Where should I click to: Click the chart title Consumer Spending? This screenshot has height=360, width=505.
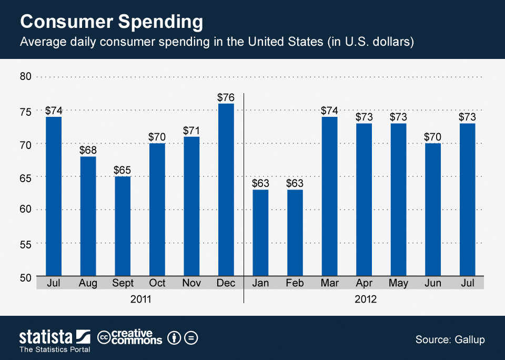click(x=111, y=22)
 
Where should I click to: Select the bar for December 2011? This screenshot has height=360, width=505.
click(x=226, y=189)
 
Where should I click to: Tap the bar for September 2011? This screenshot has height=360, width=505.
click(x=123, y=226)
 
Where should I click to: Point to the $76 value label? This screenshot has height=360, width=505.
click(x=226, y=97)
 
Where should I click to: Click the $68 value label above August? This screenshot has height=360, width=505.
click(x=88, y=150)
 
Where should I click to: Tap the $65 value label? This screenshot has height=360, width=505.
click(x=123, y=170)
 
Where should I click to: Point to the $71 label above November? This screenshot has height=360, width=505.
click(x=191, y=131)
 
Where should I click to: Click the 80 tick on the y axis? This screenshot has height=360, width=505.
click(x=26, y=77)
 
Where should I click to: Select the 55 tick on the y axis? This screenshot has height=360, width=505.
click(x=26, y=244)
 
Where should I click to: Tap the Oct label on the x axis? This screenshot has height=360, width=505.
click(x=157, y=283)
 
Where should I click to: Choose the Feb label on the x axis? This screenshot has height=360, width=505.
click(x=295, y=283)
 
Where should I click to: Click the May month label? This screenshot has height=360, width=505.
click(x=398, y=283)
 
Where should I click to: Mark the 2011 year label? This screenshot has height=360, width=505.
click(x=140, y=299)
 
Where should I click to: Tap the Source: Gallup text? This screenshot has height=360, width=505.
click(x=450, y=339)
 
